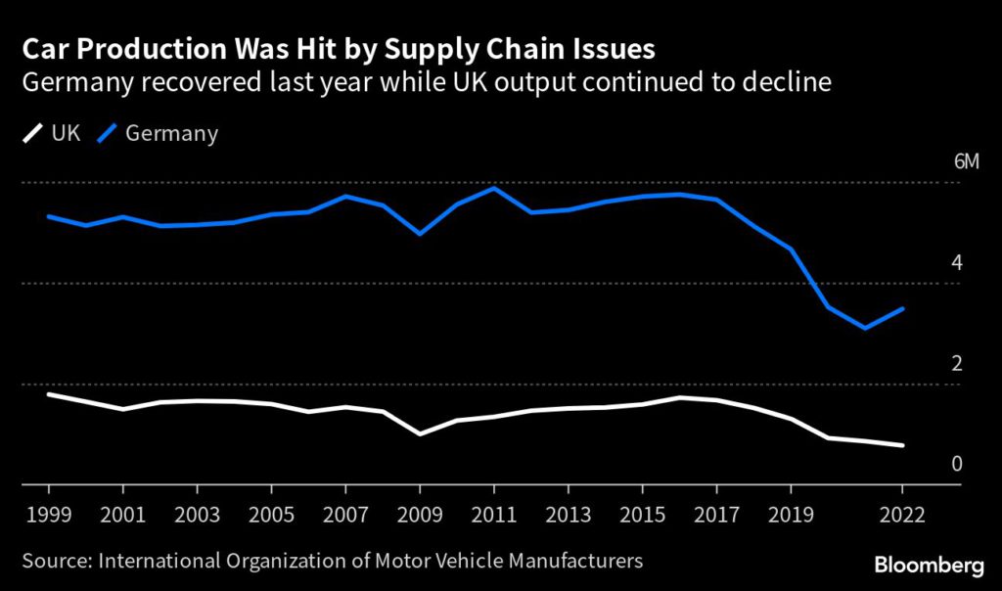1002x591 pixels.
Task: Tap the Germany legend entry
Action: [159, 134]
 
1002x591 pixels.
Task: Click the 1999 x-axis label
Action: [49, 515]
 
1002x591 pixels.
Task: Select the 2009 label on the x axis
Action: [420, 515]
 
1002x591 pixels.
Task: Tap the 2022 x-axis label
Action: [902, 515]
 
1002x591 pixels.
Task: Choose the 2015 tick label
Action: [643, 515]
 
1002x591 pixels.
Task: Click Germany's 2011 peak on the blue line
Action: [494, 188]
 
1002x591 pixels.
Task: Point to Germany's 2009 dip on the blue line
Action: [420, 234]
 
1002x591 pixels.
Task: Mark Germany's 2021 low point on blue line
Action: [865, 328]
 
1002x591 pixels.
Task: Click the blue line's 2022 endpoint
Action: [902, 308]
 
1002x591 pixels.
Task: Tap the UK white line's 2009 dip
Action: [420, 433]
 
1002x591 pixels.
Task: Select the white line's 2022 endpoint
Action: [902, 445]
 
